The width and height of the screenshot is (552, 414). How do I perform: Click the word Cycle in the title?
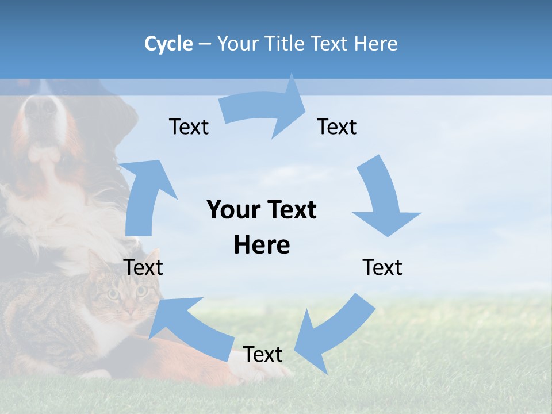pos(168,44)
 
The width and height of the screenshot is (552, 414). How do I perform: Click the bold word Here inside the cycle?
pos(262,245)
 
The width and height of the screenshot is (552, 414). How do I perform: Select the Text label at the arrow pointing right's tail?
pos(189,126)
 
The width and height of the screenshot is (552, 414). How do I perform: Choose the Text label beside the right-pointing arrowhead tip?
pos(337,126)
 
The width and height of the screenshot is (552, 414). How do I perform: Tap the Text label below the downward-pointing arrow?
pos(382,267)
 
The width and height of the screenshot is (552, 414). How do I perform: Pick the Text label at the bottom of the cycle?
pos(263,355)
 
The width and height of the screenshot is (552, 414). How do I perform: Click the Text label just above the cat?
pos(143,267)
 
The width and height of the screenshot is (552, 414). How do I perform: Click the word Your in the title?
pos(236,44)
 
